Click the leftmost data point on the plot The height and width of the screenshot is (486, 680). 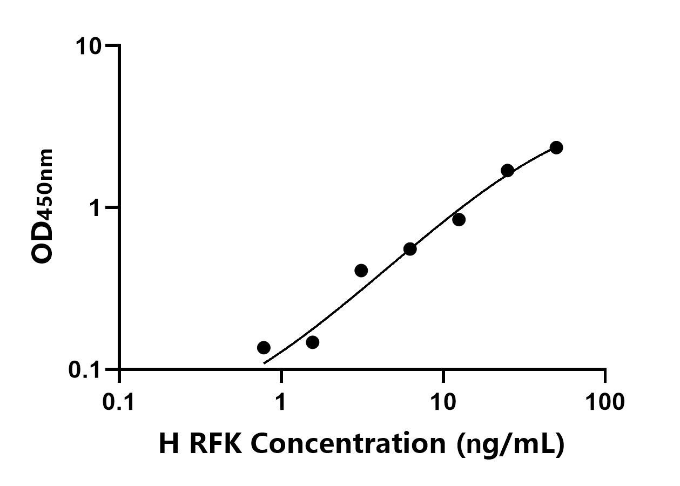point(264,348)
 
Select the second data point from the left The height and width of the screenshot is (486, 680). point(312,342)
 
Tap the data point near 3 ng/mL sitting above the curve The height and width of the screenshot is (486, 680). point(361,271)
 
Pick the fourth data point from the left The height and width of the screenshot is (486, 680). point(410,249)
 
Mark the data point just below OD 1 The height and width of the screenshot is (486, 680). point(459,219)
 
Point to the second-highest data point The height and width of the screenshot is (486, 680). point(508,171)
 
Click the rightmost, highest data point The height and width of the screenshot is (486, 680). point(556,147)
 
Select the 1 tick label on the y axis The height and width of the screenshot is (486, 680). point(97,208)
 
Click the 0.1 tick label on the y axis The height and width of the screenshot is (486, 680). point(86,370)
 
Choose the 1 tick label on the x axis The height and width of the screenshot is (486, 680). point(281,402)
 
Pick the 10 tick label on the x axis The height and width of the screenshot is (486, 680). point(443,402)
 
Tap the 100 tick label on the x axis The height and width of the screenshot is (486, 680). point(605,402)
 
